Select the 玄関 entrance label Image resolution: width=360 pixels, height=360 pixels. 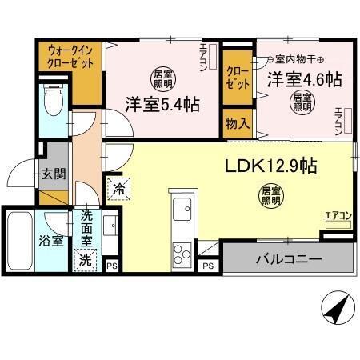53,174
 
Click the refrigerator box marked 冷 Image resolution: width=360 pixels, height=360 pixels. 118,190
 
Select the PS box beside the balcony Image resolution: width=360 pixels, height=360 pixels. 207,265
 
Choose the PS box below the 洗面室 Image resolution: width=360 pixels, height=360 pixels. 111,265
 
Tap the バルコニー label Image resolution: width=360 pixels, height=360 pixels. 289,260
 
